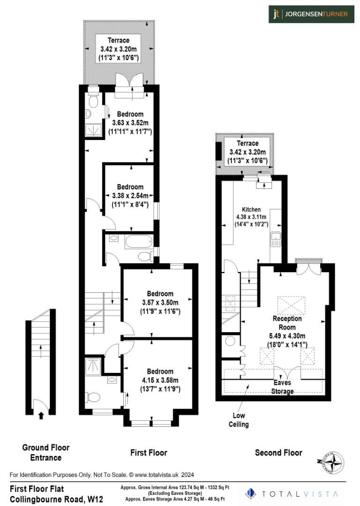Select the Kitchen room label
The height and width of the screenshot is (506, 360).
click(x=251, y=209)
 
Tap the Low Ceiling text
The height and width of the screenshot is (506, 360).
click(x=238, y=420)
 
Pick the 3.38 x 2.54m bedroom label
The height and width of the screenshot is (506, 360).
click(x=130, y=196)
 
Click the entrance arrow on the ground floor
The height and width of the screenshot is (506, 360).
click(x=41, y=415)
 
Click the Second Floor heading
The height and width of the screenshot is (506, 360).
click(x=278, y=453)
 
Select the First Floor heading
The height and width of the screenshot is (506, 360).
click(x=148, y=453)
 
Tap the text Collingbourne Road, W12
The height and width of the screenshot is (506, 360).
click(x=56, y=499)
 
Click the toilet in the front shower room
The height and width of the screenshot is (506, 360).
click(x=93, y=398)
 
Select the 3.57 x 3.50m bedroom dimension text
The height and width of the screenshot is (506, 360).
click(x=157, y=302)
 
